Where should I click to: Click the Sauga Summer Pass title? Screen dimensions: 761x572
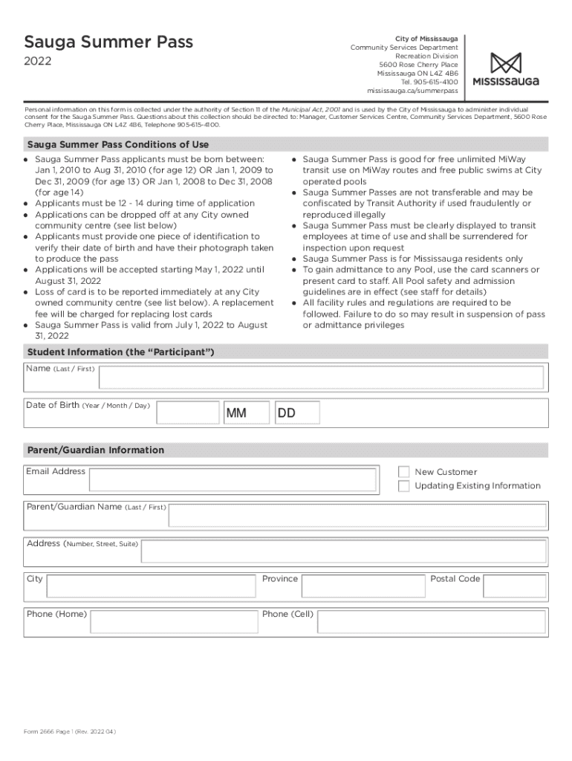pyautogui.click(x=108, y=42)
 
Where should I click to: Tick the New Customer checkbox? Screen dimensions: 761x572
pyautogui.click(x=403, y=472)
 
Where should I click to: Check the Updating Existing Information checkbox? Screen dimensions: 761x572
pyautogui.click(x=403, y=486)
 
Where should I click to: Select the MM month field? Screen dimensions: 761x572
pyautogui.click(x=245, y=412)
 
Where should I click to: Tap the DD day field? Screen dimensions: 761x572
pyautogui.click(x=297, y=412)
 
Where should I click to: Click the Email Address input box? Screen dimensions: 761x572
pyautogui.click(x=239, y=479)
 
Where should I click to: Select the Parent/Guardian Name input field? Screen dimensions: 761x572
pyautogui.click(x=357, y=515)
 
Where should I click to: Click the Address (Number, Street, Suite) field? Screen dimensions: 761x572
pyautogui.click(x=343, y=551)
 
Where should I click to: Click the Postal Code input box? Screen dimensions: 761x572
pyautogui.click(x=514, y=587)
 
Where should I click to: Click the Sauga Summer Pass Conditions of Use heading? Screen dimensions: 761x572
pyautogui.click(x=117, y=145)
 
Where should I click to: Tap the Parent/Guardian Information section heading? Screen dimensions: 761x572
pyautogui.click(x=95, y=450)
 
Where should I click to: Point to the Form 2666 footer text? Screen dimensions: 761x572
pyautogui.click(x=69, y=731)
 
